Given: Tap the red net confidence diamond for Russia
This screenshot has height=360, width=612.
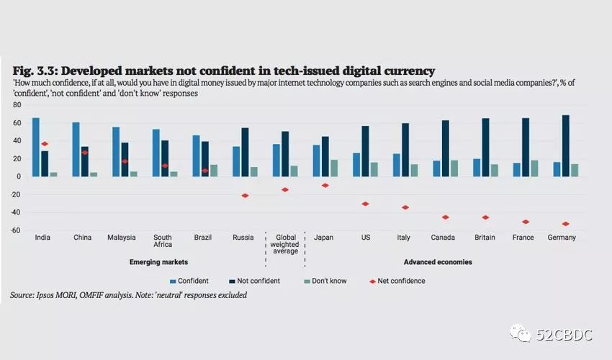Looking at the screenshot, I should click(245, 196).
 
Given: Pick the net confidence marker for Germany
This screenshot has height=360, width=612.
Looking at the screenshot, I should click(565, 224).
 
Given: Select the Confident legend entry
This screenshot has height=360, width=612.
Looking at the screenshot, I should click(189, 281).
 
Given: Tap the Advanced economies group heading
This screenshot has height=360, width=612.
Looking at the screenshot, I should click(438, 263).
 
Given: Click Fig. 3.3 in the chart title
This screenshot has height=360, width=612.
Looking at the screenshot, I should click(34, 71).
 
